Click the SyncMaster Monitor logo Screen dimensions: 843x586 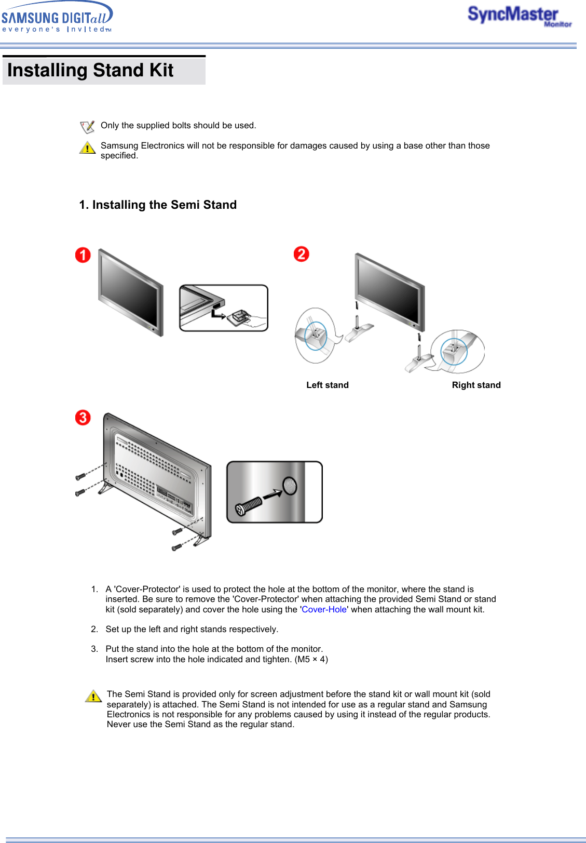pos(519,16)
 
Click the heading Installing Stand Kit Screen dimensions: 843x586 pos(90,71)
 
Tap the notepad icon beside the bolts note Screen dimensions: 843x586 pos(87,127)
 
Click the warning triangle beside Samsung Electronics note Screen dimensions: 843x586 pos(87,148)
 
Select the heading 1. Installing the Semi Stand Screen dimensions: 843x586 pos(158,205)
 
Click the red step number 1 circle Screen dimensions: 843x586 pos(83,255)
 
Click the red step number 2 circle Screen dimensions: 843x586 pos(301,254)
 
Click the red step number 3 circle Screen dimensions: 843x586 pos(83,418)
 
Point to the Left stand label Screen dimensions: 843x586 pos(328,385)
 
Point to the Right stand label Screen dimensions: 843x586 pos(476,385)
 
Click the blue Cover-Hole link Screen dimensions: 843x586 pos(324,609)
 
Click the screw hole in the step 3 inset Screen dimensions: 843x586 pos(290,486)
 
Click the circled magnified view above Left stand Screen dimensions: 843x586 pos(315,335)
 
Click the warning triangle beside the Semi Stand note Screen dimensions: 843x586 pos(93,696)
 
